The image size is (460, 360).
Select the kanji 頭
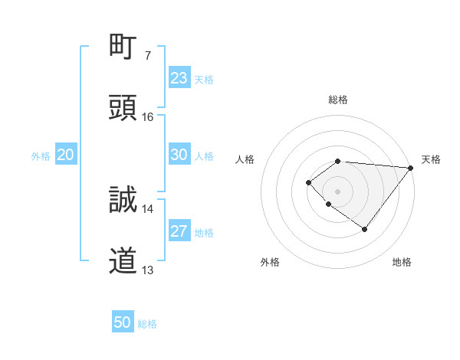[x=123, y=107]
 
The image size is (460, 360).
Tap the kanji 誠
[x=123, y=199]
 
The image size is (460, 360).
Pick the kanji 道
[x=123, y=260]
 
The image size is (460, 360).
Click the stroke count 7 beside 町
[x=148, y=56]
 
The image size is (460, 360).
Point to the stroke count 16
[x=148, y=117]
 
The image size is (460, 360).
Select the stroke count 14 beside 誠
[x=148, y=208]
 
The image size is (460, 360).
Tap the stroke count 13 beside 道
[x=148, y=270]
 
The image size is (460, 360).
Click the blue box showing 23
[x=179, y=78]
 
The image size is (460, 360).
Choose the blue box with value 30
[x=179, y=155]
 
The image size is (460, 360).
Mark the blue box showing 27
[x=179, y=231]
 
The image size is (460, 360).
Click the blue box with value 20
[x=66, y=155]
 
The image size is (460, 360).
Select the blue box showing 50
[x=123, y=322]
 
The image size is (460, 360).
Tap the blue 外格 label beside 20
[x=41, y=156]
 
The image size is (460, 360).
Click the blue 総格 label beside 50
[x=147, y=324]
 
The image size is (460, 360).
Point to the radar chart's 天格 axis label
[x=432, y=159]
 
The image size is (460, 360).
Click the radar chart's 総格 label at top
[x=338, y=100]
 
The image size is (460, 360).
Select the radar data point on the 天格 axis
[x=411, y=167]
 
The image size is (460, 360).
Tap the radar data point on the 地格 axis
[x=365, y=229]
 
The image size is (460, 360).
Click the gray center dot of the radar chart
[x=338, y=191]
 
